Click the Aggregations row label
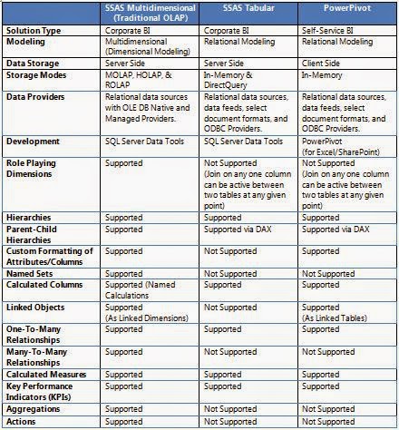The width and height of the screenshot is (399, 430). pos(34,408)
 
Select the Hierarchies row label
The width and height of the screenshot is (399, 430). pos(30,218)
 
